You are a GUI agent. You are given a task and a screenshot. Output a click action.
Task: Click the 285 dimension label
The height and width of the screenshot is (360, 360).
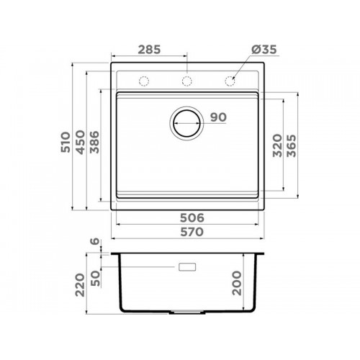click(149, 50)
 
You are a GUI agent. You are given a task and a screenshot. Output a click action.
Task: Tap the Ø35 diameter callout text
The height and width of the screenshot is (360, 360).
click(264, 50)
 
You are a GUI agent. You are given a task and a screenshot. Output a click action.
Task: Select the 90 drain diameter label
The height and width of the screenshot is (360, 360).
click(218, 117)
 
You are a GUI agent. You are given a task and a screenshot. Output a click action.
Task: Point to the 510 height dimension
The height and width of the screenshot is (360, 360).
click(66, 142)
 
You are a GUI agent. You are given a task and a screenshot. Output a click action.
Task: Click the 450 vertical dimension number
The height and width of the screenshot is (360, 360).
click(80, 142)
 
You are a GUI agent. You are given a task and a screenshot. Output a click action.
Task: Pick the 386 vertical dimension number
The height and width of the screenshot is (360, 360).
click(94, 142)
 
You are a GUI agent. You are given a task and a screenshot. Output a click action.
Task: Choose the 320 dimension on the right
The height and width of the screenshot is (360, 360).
click(277, 145)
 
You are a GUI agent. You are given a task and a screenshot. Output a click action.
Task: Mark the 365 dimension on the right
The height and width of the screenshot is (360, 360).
click(292, 145)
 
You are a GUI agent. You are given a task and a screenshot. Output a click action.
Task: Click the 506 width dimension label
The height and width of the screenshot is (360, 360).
click(192, 218)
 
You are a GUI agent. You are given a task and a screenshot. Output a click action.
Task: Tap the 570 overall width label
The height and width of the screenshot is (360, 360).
click(192, 232)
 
